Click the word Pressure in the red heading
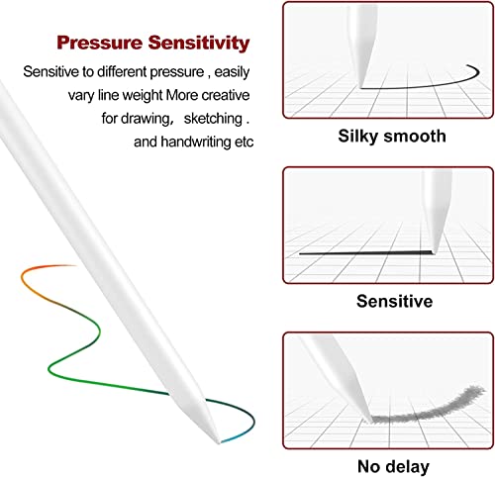coord(99,43)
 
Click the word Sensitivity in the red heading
coord(199,44)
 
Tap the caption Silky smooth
coord(392,137)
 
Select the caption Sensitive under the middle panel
coord(394,301)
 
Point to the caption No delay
coord(393,466)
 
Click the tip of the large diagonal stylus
coord(219,442)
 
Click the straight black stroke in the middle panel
coord(365,253)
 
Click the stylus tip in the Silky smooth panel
coord(360,87)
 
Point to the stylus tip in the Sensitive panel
coord(434,252)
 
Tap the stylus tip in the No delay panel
coord(368,421)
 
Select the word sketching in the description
coord(213,119)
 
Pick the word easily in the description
coord(232,72)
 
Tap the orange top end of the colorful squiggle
coord(74,265)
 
